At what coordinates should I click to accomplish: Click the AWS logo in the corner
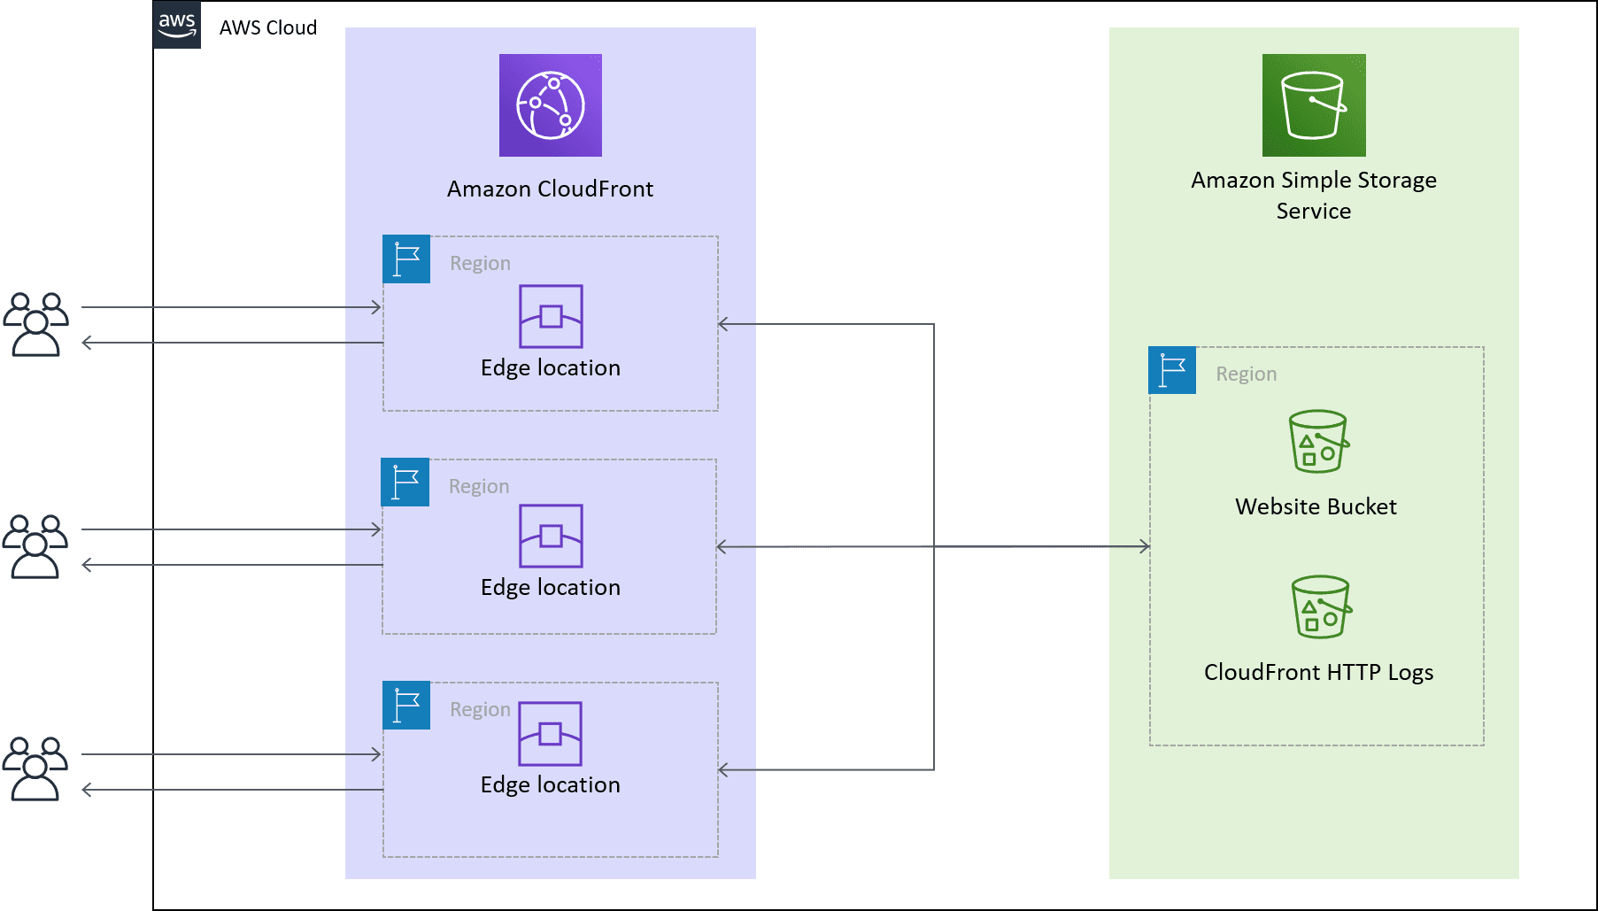[177, 25]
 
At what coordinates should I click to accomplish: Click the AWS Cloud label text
[267, 27]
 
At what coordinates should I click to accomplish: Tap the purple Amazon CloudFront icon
[551, 105]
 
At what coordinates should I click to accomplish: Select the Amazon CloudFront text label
[550, 189]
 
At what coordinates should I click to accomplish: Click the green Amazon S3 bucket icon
[1314, 105]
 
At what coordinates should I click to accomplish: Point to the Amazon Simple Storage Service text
[1314, 195]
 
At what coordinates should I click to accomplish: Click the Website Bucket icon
[1318, 441]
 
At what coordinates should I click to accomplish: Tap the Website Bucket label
[1316, 506]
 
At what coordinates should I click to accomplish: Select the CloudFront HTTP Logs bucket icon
[1321, 607]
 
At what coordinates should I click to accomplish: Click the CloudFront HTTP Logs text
[1318, 672]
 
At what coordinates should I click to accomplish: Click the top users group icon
[35, 324]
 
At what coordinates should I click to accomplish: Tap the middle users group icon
[35, 546]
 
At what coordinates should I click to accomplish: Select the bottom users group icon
[35, 768]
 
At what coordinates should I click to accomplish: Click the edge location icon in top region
[551, 316]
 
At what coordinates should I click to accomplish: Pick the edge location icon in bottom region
[550, 733]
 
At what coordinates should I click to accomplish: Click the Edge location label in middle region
[550, 587]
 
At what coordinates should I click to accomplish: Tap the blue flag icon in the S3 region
[1172, 370]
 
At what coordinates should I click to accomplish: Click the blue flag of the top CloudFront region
[406, 259]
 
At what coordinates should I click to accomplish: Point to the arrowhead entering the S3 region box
[1144, 546]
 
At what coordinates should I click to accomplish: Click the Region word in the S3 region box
[1246, 374]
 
